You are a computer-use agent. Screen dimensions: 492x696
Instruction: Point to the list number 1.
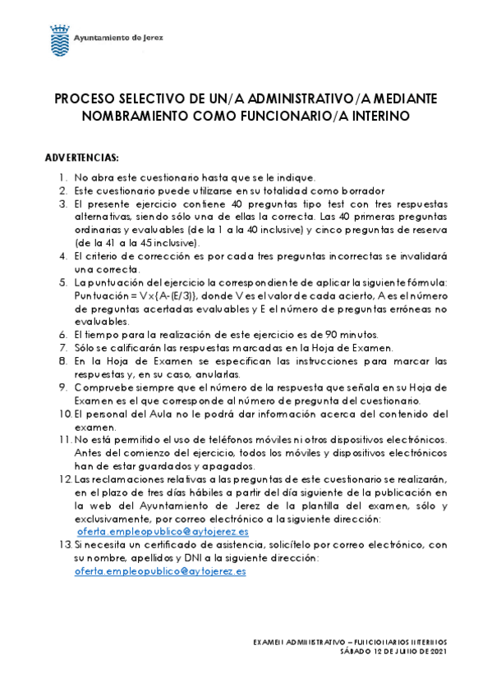click(x=64, y=176)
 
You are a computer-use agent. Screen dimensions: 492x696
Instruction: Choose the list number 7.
click(x=63, y=347)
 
